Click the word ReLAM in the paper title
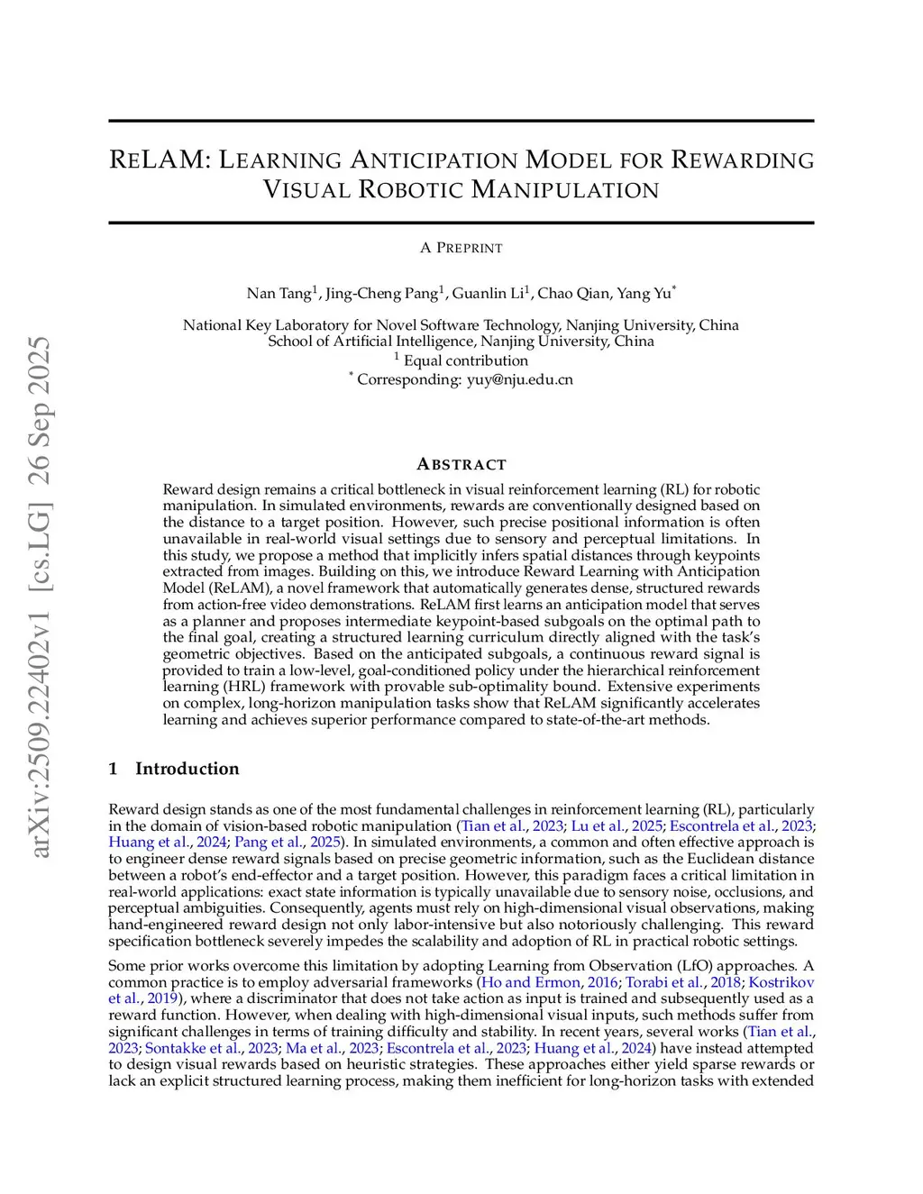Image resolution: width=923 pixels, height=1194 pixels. [x=159, y=160]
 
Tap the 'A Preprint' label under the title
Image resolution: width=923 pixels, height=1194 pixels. [x=461, y=248]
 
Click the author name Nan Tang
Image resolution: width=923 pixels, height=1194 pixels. [x=279, y=293]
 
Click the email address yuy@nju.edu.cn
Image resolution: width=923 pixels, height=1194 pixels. [x=519, y=379]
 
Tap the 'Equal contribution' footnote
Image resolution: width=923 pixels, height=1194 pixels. [x=465, y=360]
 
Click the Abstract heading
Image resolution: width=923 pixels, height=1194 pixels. [x=461, y=464]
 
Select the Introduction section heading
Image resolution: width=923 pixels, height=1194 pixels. [x=187, y=769]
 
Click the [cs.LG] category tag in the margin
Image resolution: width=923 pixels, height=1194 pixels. [x=41, y=544]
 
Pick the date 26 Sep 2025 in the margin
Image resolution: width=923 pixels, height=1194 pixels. [x=41, y=411]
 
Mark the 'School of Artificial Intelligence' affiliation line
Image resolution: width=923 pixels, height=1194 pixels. [x=461, y=342]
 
